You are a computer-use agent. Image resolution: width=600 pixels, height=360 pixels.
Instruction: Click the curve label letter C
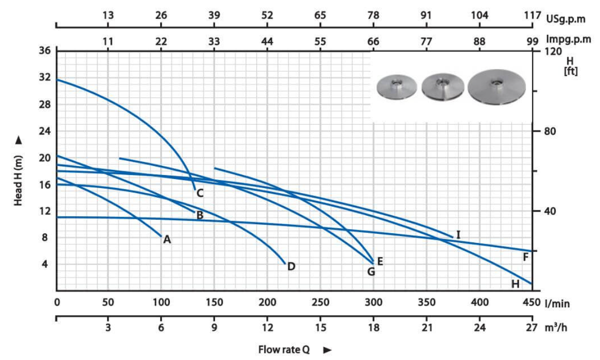point(199,193)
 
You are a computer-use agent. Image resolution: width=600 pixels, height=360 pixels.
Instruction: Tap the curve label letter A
point(167,240)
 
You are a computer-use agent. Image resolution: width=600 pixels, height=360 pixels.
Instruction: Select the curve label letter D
point(291,266)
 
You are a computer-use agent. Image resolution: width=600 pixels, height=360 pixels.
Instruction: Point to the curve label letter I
point(458,234)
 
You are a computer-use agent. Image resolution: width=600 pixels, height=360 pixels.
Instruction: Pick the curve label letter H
point(515,284)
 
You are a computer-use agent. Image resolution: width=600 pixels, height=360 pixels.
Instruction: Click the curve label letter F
point(526,257)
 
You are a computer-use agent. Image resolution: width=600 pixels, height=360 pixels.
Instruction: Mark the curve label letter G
point(371,272)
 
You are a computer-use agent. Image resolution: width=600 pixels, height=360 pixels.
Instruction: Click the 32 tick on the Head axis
point(45,78)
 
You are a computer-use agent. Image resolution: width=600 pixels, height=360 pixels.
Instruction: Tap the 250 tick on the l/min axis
point(320,303)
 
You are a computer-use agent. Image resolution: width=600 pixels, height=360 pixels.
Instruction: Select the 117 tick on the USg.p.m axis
point(532,16)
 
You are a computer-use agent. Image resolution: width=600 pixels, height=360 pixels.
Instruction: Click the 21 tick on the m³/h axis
point(426,328)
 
